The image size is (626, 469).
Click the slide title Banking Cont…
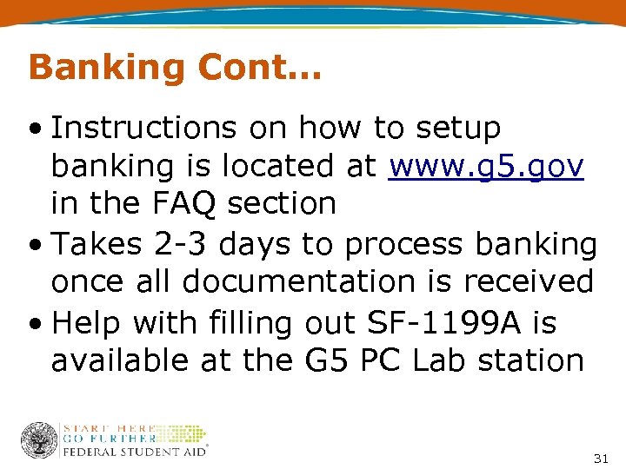(x=175, y=67)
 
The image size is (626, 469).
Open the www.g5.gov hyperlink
(x=486, y=165)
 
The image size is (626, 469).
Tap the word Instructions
(x=143, y=128)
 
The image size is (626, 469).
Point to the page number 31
(x=600, y=457)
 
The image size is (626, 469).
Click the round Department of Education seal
(x=38, y=440)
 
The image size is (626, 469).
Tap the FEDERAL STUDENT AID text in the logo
(x=135, y=451)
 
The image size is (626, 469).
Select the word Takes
(x=97, y=244)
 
